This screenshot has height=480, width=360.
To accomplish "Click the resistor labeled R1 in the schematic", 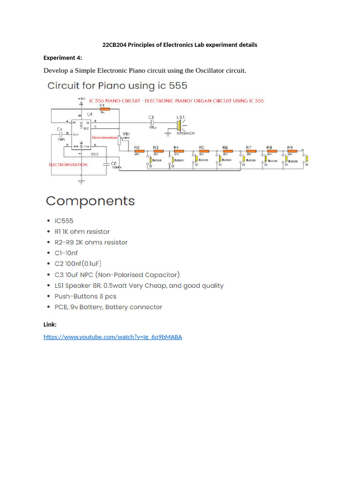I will [x=105, y=109].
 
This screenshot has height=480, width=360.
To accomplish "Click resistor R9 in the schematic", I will [x=291, y=151].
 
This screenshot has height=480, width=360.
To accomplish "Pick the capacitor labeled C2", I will [x=107, y=164].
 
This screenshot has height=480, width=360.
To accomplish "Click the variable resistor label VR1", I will [x=126, y=134].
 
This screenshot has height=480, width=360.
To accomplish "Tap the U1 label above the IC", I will [x=89, y=114].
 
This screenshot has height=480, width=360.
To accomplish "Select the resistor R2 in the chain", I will [x=137, y=151].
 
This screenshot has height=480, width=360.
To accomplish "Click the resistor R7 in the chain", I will [x=249, y=151].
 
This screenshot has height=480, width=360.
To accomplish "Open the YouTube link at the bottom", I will [x=112, y=337].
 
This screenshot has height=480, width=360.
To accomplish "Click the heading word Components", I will [x=90, y=201].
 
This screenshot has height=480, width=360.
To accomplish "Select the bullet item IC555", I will [x=64, y=221].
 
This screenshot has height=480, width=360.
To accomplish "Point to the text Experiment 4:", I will [x=62, y=58].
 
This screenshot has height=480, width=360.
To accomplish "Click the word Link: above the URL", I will [x=50, y=324].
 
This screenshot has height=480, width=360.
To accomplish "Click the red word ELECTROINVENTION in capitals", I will [x=68, y=165].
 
